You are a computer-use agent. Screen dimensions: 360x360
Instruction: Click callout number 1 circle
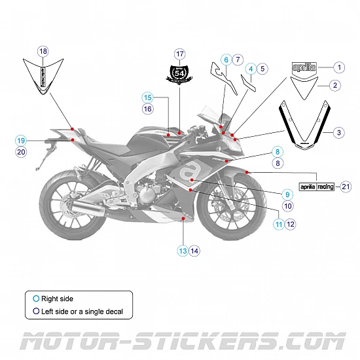click(338, 67)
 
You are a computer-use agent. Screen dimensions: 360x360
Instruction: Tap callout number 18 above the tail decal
click(43, 51)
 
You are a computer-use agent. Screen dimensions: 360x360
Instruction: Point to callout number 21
click(346, 187)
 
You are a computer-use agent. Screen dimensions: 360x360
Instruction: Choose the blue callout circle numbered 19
click(21, 140)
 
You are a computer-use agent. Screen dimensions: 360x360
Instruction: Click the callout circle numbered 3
click(338, 133)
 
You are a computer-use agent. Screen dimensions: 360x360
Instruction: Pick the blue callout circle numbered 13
click(183, 250)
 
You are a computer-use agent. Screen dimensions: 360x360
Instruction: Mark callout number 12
click(291, 224)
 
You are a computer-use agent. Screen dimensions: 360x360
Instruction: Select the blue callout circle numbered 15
click(148, 97)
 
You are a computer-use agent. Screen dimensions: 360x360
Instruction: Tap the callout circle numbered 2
click(334, 85)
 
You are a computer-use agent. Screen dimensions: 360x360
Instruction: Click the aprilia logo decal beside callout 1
click(304, 67)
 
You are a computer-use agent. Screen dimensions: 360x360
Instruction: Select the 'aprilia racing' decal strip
click(317, 187)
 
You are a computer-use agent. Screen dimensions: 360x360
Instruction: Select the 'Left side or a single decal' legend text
click(82, 312)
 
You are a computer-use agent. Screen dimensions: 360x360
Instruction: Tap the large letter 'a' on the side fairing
click(190, 173)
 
